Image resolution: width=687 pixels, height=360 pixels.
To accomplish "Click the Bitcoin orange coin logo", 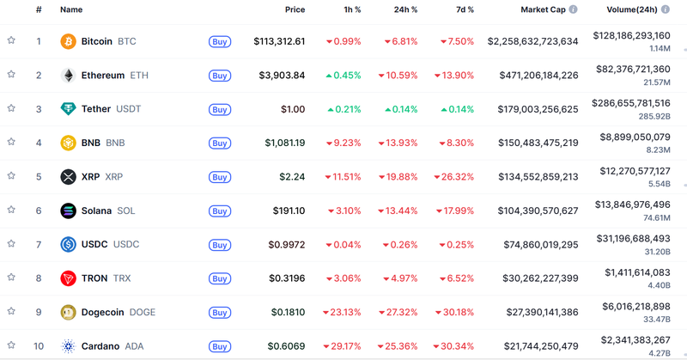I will [68, 41].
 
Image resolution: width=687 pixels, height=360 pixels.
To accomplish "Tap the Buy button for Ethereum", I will [220, 76].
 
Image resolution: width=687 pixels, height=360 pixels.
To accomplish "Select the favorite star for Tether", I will [11, 109].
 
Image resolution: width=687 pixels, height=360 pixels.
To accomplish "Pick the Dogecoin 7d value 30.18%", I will [456, 313].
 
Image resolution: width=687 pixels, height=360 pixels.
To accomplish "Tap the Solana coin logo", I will [68, 211].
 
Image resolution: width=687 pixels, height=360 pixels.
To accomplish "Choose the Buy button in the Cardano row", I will [220, 346].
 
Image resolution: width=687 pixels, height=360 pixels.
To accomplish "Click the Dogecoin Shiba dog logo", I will [68, 313].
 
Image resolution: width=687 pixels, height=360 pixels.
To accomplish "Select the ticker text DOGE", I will [143, 313].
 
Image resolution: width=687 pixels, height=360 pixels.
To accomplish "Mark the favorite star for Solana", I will [11, 211].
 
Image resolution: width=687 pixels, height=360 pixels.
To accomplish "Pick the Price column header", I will [295, 9].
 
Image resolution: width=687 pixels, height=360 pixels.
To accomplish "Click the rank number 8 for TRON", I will [38, 278].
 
